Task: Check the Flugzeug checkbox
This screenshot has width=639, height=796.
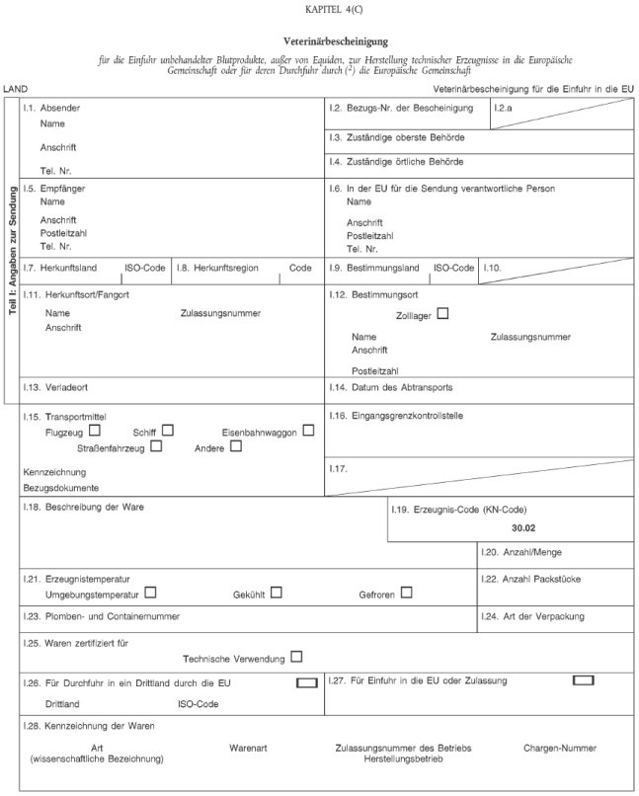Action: click(95, 431)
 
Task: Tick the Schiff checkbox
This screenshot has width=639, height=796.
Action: click(168, 431)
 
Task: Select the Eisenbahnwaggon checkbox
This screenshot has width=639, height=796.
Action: click(309, 431)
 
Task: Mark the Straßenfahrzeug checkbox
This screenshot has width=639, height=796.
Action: click(157, 446)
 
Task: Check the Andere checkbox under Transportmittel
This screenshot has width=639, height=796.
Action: click(235, 446)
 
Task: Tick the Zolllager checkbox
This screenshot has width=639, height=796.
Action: click(442, 314)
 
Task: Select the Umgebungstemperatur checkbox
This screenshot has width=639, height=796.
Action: click(151, 593)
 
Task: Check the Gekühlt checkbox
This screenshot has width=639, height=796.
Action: click(277, 593)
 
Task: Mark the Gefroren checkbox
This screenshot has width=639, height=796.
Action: click(406, 593)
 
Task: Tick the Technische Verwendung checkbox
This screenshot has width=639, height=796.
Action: click(296, 657)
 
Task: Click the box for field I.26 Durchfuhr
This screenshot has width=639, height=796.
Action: click(306, 681)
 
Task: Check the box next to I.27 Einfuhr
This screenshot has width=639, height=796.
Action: click(583, 679)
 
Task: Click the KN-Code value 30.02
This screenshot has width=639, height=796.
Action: click(538, 528)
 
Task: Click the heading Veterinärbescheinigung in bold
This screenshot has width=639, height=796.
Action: click(335, 42)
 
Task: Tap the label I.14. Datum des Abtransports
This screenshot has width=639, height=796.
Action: click(390, 386)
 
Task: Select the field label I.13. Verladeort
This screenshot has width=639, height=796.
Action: click(63, 386)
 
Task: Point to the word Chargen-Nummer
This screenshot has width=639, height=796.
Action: click(559, 748)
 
